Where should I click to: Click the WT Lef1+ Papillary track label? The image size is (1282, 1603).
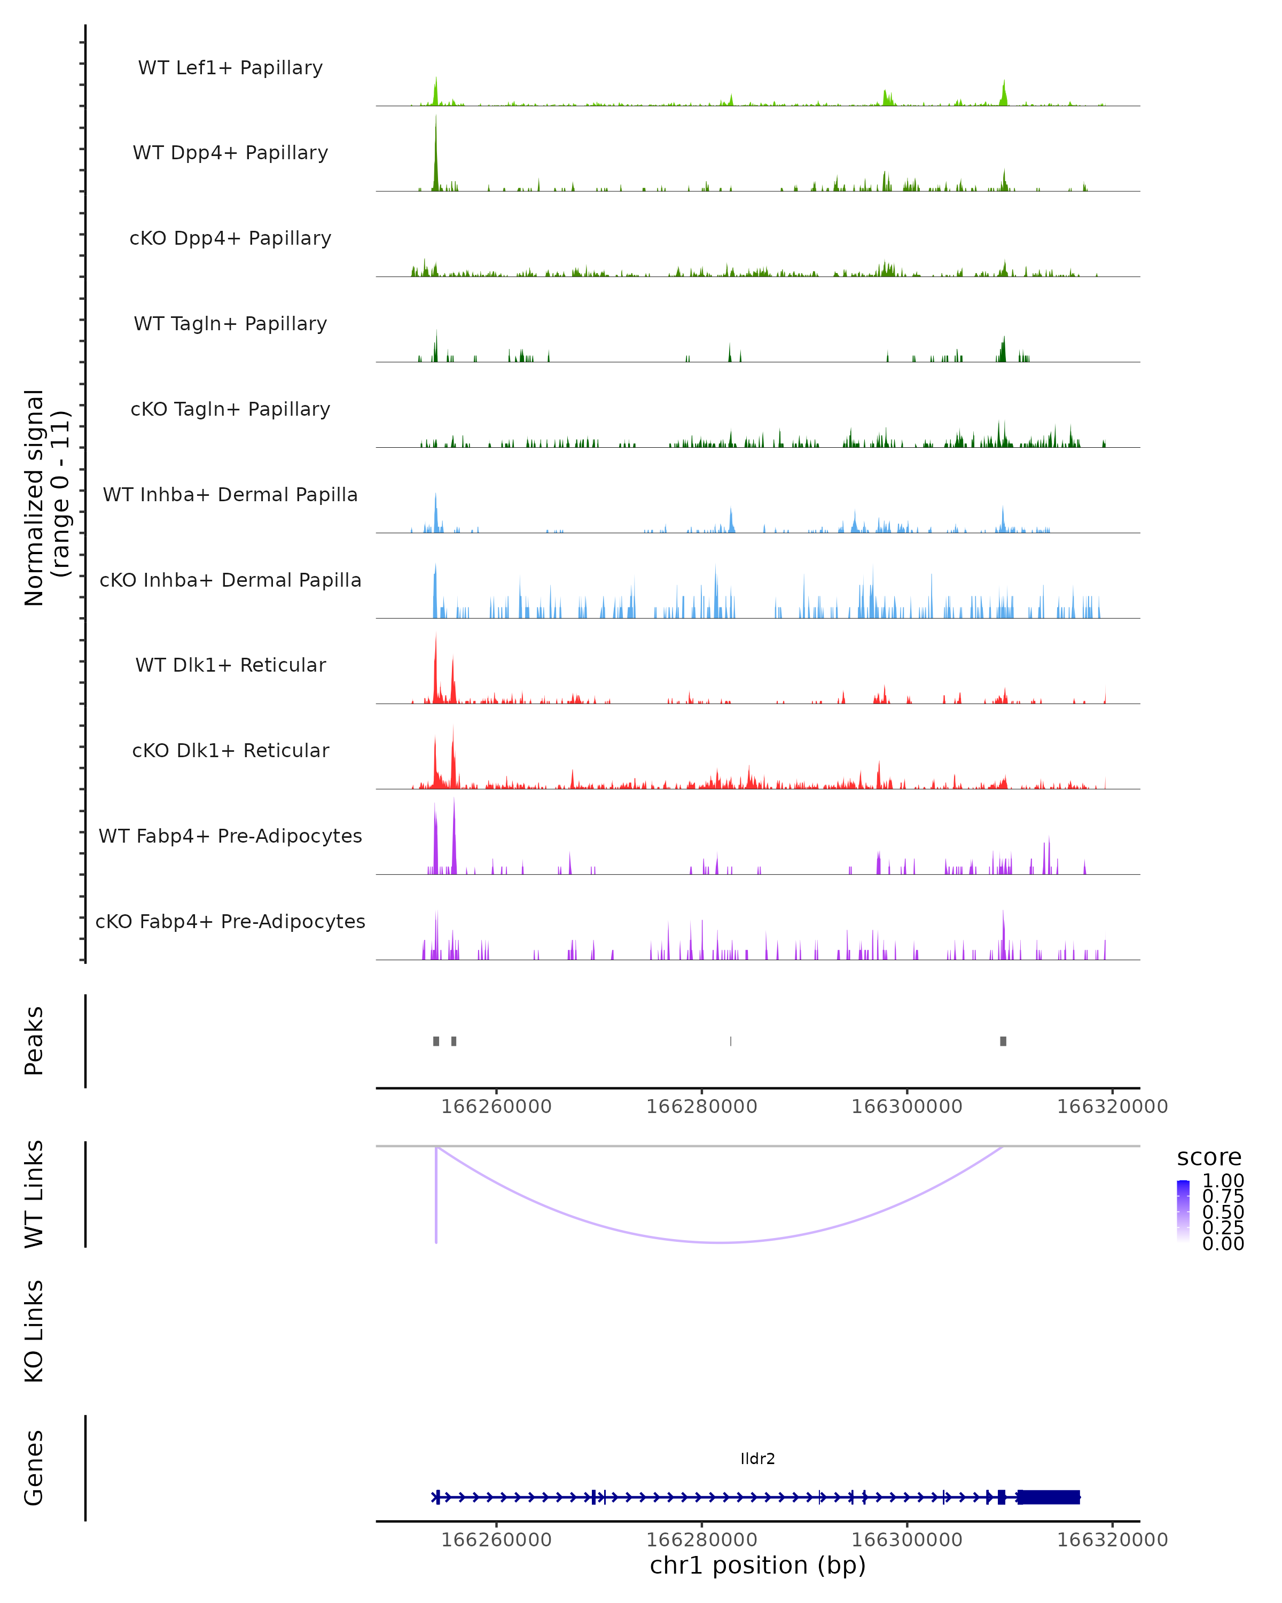point(230,68)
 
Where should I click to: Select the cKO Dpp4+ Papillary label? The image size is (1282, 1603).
point(230,238)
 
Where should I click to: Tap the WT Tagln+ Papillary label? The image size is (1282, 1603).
point(230,323)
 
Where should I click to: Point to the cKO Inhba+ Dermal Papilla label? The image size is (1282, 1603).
point(230,580)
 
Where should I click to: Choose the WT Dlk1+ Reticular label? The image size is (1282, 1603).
point(230,665)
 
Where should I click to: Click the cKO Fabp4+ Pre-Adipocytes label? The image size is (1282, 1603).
point(230,921)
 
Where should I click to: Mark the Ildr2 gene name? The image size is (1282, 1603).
point(757,1459)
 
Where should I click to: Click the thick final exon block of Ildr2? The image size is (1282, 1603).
point(1049,1497)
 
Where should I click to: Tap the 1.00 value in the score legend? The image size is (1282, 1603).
point(1223,1181)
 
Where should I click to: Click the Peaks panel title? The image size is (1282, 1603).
point(34,1041)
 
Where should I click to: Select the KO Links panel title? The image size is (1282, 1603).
point(34,1332)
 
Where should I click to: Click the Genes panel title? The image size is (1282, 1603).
point(34,1468)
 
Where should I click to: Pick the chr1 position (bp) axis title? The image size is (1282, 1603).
point(757,1566)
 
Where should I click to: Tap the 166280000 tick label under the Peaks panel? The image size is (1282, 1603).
point(701,1107)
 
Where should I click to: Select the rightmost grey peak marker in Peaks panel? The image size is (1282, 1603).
point(1003,1041)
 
